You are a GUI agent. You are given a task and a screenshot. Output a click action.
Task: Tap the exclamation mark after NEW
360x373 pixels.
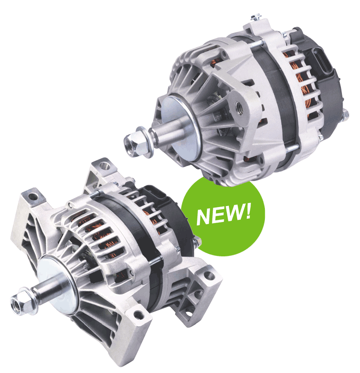tap(247, 211)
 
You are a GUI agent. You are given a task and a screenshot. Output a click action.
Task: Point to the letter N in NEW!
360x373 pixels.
tap(205, 216)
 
